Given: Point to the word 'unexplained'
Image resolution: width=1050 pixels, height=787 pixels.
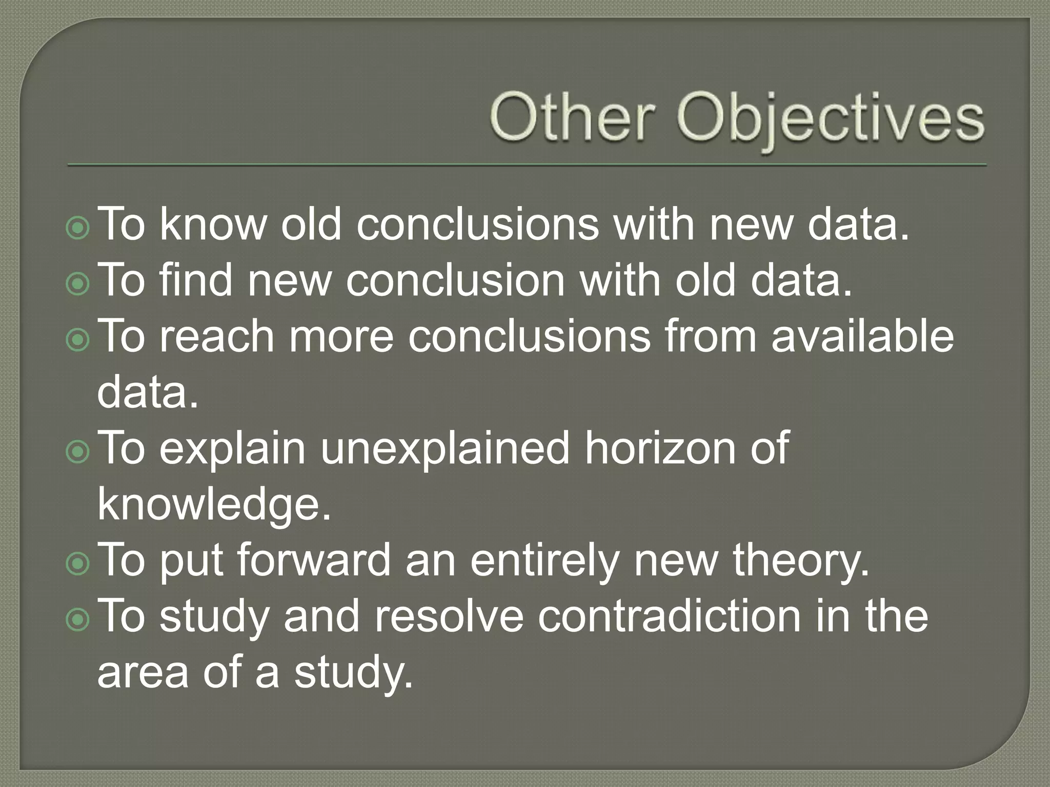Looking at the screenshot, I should [445, 448].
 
